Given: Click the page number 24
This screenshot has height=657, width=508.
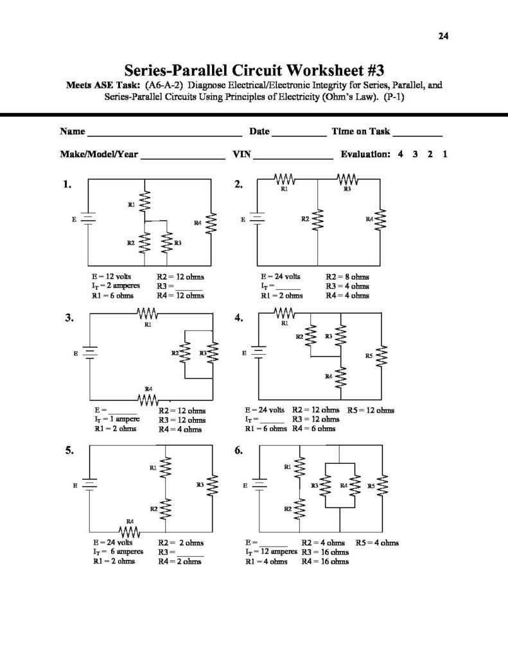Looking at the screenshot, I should pos(443,36).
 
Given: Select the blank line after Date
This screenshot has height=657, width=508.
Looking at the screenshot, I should pos(299,134).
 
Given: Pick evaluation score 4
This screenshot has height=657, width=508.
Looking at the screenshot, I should pos(400,155).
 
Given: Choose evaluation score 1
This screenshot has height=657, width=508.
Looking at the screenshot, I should pos(445,155).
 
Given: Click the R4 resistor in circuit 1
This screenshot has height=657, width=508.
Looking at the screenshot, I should pos(212,224).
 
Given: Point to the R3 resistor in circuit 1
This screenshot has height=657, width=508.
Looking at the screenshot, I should pos(166,243).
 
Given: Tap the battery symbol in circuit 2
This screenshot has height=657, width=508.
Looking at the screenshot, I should pos(258,219).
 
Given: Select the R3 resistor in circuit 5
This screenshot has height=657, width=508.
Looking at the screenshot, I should pos(213,486).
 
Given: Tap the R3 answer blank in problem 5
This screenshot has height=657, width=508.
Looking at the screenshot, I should pos(190,553).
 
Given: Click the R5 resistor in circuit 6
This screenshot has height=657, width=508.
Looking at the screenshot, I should pos(383,486).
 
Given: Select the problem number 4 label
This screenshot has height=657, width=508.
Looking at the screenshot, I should pos(239,318).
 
